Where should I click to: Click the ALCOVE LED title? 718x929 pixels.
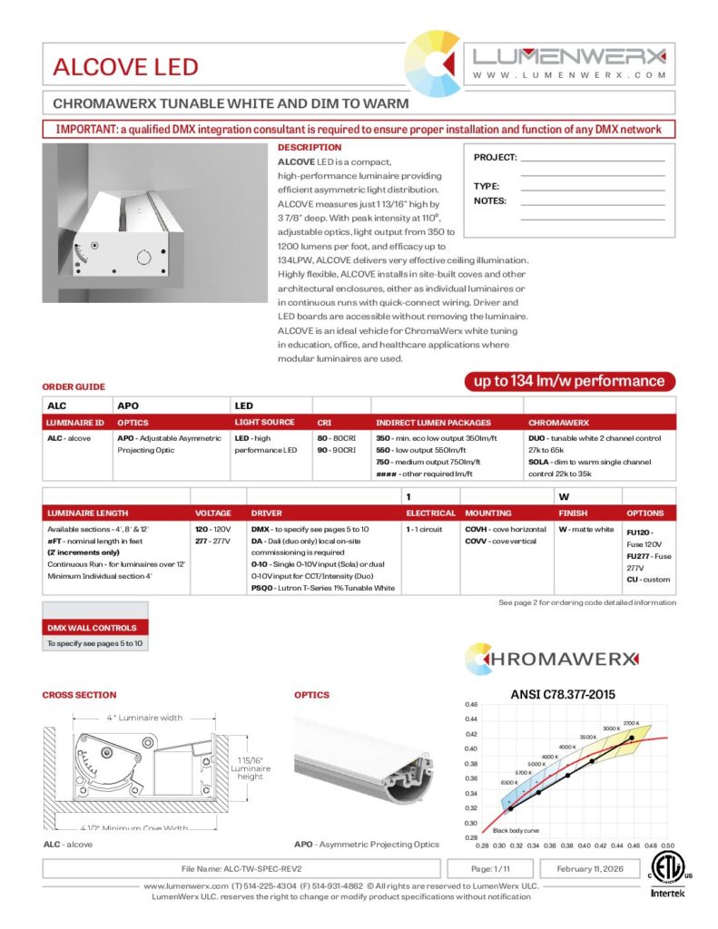[125, 66]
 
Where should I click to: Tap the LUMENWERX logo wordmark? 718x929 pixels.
[569, 55]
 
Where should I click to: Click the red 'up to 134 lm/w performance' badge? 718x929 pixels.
[570, 381]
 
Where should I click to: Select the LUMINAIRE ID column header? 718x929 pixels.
[75, 423]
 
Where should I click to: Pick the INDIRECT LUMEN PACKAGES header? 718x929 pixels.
[433, 423]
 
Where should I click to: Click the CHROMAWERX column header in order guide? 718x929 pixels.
[558, 423]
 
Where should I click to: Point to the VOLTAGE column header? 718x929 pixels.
[213, 513]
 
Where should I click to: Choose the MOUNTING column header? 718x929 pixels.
[488, 513]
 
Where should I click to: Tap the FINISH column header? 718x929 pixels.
[574, 513]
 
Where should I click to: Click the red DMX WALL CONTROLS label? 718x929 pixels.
[92, 628]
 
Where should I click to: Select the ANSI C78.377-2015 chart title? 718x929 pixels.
[557, 694]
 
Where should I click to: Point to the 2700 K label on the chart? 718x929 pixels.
[632, 722]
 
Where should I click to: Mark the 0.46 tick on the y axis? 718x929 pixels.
[471, 704]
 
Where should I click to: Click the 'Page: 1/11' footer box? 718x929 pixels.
[492, 868]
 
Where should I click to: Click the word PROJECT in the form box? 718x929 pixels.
[495, 158]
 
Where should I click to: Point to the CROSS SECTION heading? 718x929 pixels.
[79, 695]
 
